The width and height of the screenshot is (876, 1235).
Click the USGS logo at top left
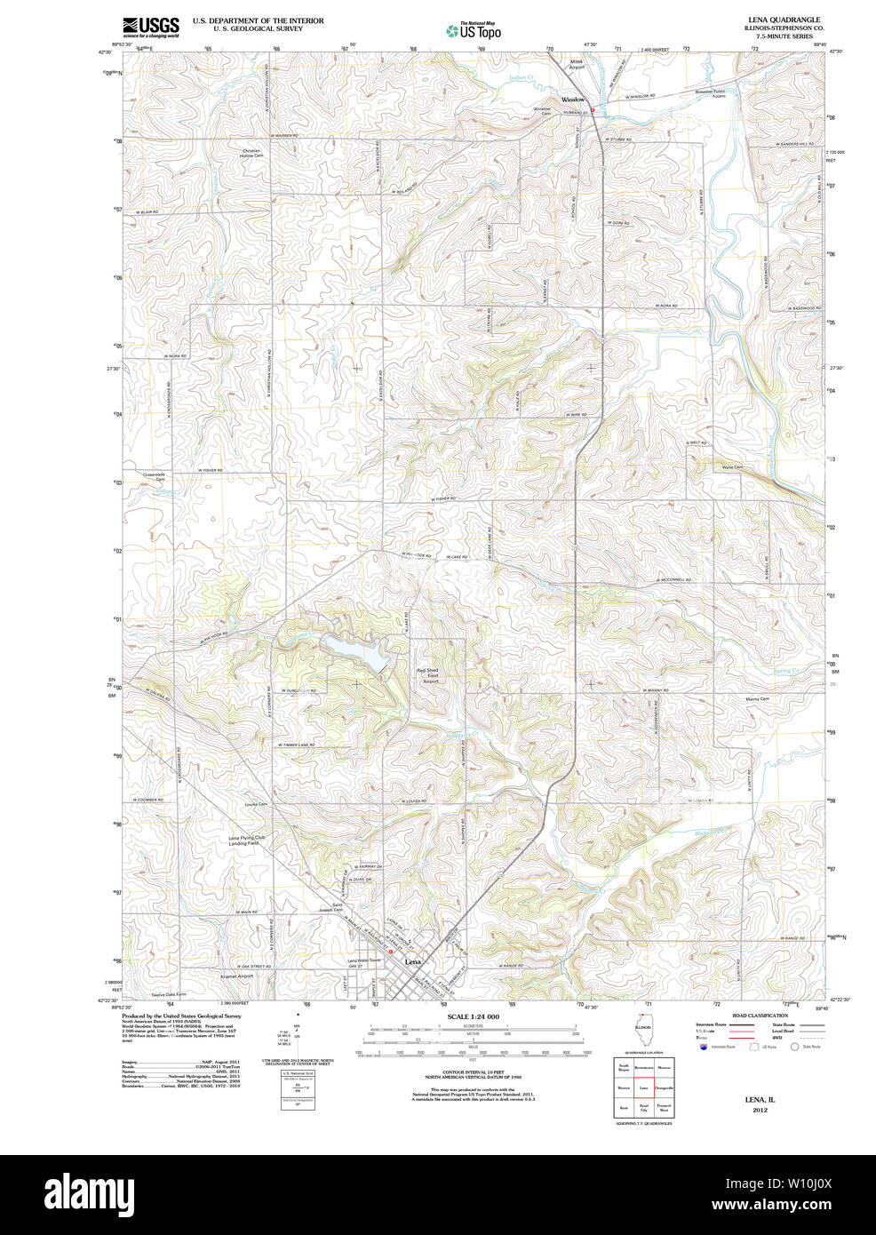click(150, 27)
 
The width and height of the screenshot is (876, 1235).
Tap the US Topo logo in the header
click(474, 30)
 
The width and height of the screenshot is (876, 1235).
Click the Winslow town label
click(573, 100)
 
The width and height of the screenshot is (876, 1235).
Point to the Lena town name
click(412, 962)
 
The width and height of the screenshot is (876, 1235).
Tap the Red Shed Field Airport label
click(430, 676)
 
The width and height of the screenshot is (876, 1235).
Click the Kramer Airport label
click(236, 976)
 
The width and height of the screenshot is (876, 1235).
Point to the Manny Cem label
click(758, 699)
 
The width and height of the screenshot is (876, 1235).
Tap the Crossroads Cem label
click(155, 476)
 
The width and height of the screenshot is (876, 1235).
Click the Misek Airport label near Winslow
click(577, 65)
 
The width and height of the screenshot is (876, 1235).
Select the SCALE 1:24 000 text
click(473, 1016)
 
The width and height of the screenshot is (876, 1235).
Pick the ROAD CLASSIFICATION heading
click(759, 1016)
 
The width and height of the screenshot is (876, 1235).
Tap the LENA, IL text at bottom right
click(760, 1100)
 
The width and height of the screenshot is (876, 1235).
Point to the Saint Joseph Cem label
click(330, 907)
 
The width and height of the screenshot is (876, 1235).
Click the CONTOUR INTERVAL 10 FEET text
click(473, 1072)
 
